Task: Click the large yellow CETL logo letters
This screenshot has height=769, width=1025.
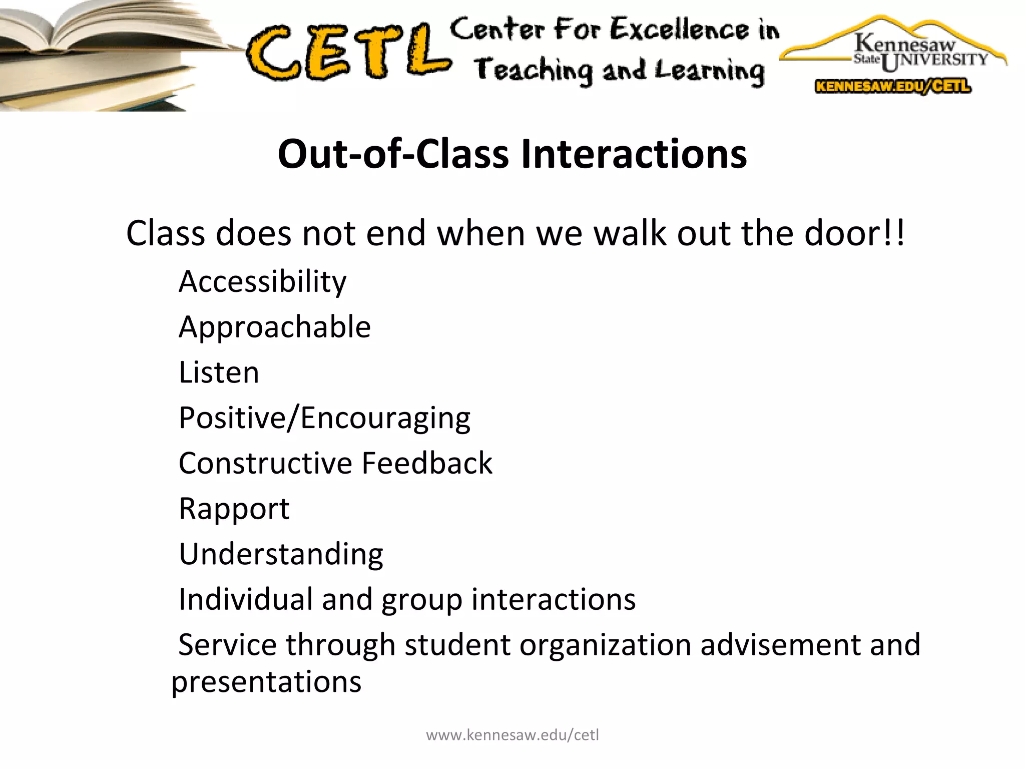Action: [348, 53]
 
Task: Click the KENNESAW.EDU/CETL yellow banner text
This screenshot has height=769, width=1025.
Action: [893, 86]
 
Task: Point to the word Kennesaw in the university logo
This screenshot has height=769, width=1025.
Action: [904, 43]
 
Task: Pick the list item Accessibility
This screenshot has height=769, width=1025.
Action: [262, 281]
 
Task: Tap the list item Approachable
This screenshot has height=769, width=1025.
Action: [274, 327]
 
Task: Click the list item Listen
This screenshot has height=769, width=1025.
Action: [219, 372]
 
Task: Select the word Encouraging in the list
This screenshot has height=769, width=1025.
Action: [385, 418]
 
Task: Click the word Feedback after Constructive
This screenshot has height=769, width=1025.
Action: [427, 463]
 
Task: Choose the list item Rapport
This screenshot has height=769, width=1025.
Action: [234, 509]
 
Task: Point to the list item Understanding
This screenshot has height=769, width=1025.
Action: [281, 554]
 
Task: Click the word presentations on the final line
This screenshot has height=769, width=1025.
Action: [266, 682]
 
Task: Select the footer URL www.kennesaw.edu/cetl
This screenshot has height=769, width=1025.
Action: [512, 735]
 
